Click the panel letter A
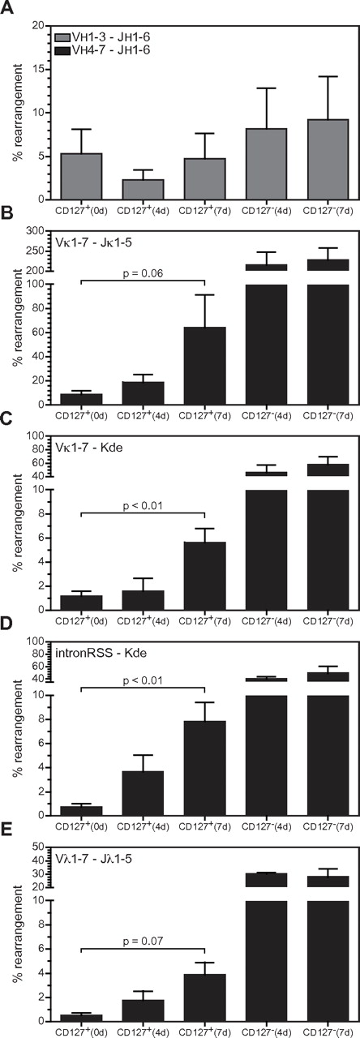pyautogui.click(x=6, y=7)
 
